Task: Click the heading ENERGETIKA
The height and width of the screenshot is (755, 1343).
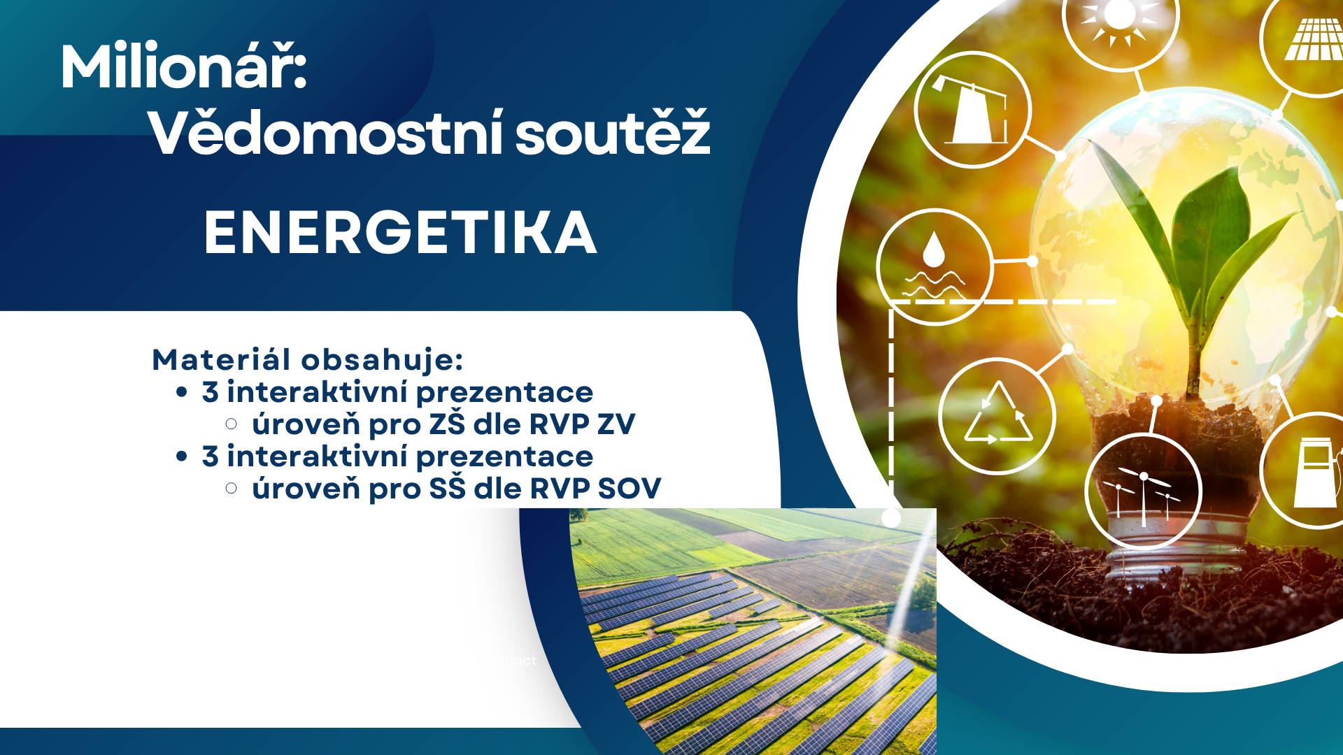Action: point(400,233)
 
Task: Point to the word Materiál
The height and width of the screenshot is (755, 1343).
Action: point(221,359)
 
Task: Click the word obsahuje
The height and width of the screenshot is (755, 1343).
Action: point(382,359)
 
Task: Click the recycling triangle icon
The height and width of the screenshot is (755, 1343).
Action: point(998,415)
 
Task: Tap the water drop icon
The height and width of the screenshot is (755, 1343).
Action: point(934,266)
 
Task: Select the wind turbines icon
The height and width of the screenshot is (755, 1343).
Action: point(1143,494)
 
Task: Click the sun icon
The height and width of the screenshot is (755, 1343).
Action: point(1119,17)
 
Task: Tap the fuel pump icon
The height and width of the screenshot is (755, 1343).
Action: point(1316,473)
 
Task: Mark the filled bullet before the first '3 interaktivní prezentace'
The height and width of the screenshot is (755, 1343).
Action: point(182,392)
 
